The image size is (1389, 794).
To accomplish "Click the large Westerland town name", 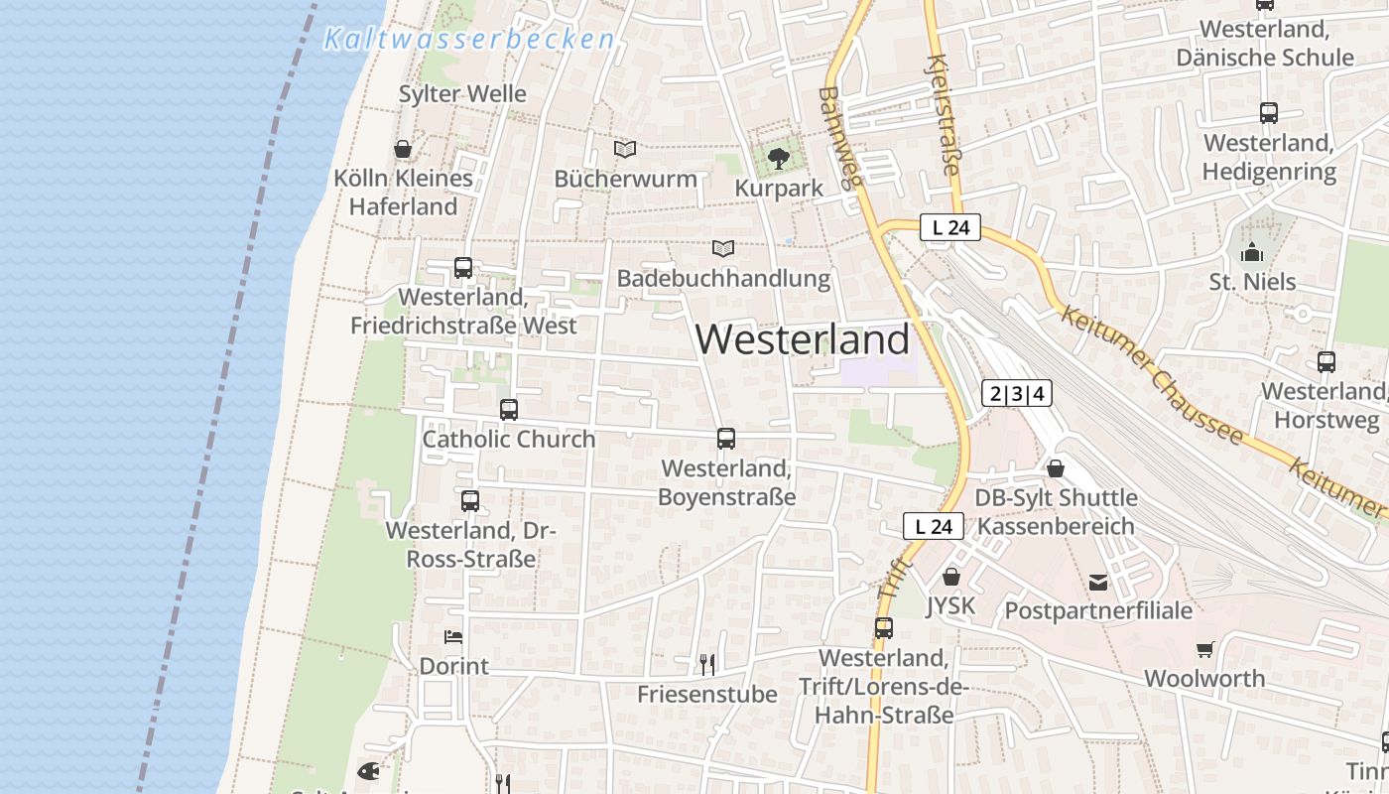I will [802, 339].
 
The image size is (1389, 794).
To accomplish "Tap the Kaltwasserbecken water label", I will [469, 40].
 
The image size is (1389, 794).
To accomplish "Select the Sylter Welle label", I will [462, 94].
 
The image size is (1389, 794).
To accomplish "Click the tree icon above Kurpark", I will [779, 158].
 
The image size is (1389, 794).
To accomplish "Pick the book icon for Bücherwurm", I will [625, 150].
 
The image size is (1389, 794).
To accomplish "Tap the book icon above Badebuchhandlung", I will [724, 249].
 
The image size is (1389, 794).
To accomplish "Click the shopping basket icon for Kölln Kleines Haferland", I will [403, 150].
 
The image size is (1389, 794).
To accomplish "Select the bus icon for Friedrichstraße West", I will [463, 268].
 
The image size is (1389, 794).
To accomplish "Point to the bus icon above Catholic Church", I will [509, 409].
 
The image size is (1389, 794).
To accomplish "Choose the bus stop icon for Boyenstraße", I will [726, 439].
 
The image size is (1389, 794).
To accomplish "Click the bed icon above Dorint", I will [453, 637].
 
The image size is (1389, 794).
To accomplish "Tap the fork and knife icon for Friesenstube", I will [707, 664].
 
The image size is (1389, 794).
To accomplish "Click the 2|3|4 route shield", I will [1017, 394].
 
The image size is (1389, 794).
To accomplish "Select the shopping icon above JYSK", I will [951, 577].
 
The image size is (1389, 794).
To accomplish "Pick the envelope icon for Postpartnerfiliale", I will [1098, 583].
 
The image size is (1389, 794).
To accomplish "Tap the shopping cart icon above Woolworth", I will [1204, 650].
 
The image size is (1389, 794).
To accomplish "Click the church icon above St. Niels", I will [1252, 252].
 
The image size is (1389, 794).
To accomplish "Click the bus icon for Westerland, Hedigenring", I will [1269, 113].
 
